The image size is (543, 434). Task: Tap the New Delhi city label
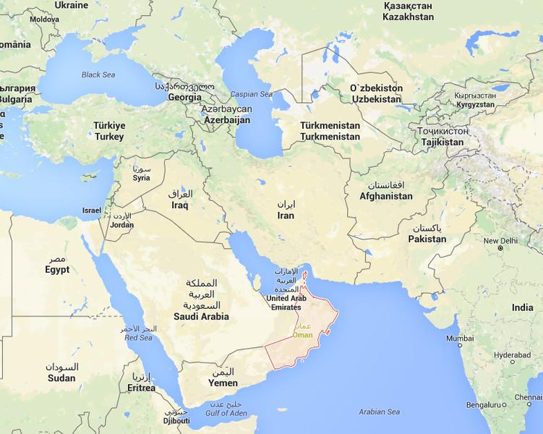(501, 241)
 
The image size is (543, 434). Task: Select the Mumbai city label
(460, 339)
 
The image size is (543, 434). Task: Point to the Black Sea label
(98, 75)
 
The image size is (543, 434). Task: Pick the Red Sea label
(138, 338)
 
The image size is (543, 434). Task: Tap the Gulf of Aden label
(228, 412)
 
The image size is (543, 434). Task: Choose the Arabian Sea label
(379, 412)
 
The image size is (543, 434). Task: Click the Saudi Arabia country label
(201, 316)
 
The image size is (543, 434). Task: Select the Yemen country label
(223, 383)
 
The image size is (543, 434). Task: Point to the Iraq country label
(180, 205)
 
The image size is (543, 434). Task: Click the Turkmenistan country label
(330, 136)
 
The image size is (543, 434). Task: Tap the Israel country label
(92, 210)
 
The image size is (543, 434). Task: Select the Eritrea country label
(140, 388)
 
